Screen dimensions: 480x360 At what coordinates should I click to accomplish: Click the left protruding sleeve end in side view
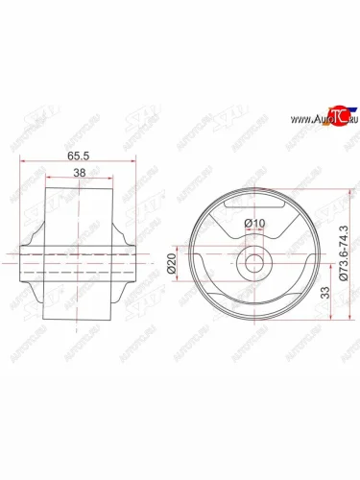tap(25, 262)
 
